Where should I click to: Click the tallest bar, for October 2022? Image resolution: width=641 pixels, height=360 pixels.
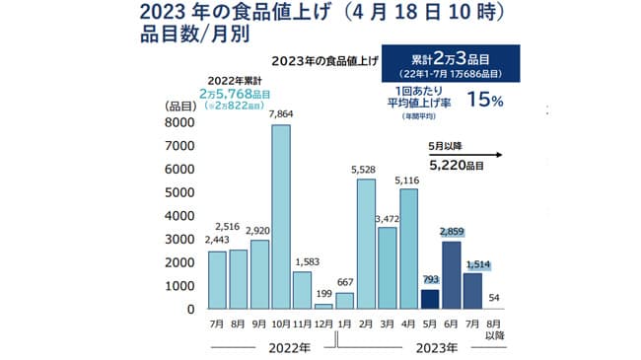click(281, 217)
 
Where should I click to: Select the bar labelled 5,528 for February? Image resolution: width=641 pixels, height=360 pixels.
click(365, 244)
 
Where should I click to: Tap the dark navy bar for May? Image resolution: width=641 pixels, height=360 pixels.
click(431, 299)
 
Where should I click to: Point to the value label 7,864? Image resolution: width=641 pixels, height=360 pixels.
click(281, 112)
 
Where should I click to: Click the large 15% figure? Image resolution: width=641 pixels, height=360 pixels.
click(493, 100)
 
